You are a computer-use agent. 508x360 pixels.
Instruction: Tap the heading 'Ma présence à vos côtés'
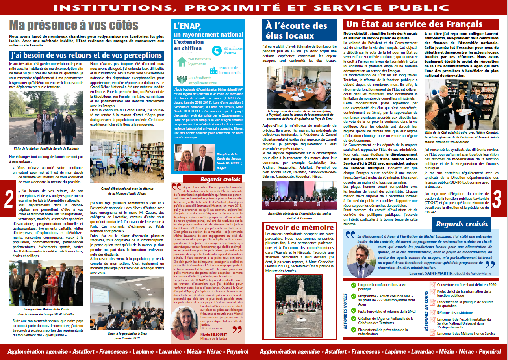(x=74, y=26)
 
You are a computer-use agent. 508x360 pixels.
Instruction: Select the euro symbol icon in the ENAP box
(x=216, y=50)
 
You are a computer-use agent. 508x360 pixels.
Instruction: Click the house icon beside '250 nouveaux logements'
(x=181, y=62)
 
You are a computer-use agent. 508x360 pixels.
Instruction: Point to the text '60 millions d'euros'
(x=232, y=50)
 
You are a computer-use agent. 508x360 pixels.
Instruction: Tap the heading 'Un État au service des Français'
(x=413, y=25)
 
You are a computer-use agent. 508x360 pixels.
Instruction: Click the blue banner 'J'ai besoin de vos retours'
(x=86, y=55)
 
